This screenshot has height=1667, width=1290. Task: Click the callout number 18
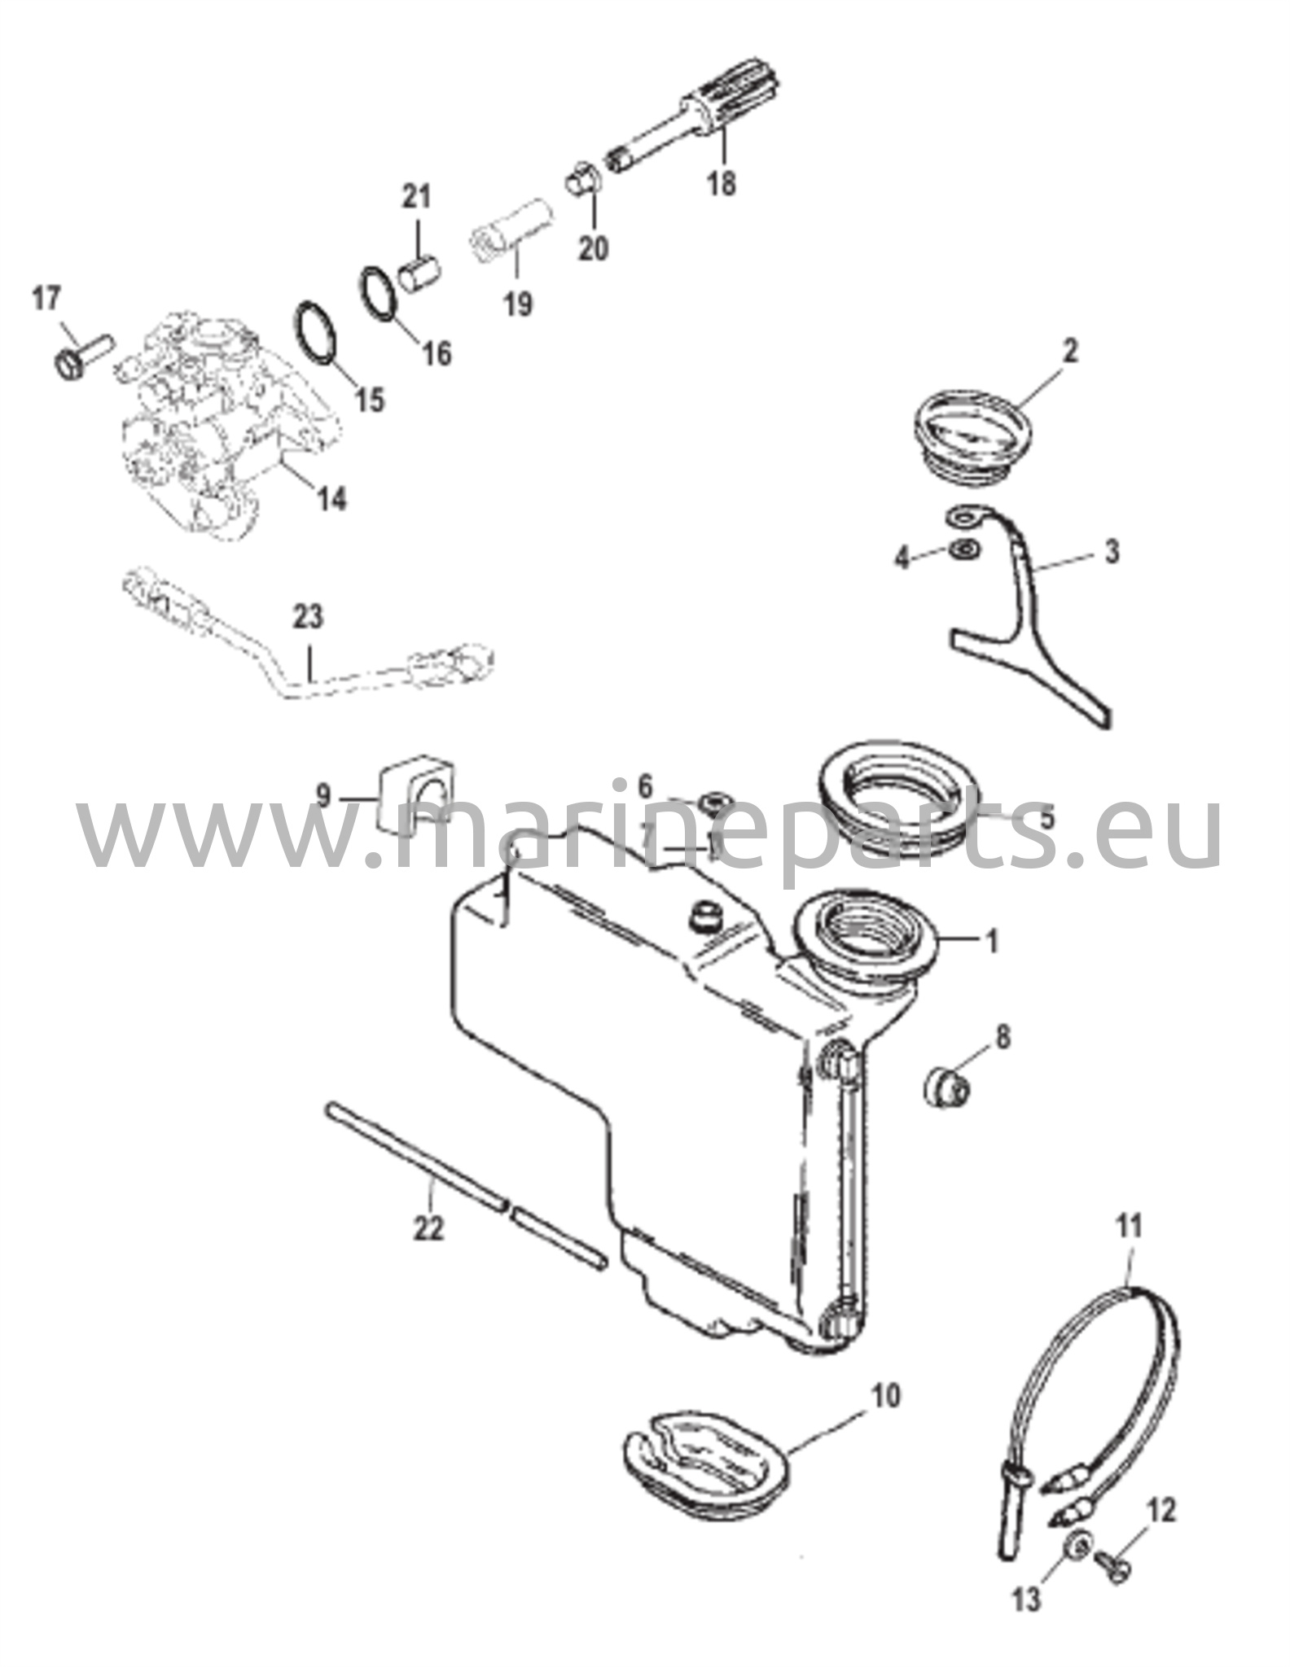pos(722,182)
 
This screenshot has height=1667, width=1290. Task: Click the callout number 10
pos(885,1395)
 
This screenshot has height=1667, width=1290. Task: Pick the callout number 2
pos(1070,352)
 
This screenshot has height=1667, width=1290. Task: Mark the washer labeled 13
pos(1079,1542)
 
